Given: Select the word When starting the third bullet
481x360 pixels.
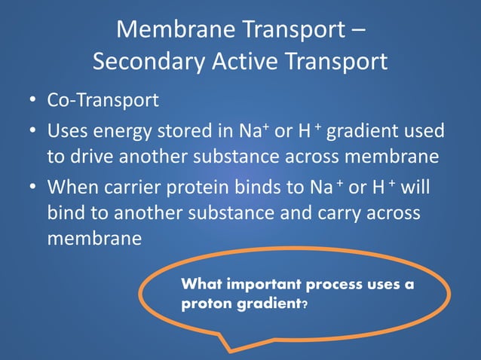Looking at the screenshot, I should pos(72,188).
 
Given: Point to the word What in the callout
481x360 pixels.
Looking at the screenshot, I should pos(201,285).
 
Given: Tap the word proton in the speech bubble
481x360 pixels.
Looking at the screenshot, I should pos(202,306).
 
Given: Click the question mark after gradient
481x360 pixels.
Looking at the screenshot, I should pos(304,307).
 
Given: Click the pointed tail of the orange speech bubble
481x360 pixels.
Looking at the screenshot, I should pos(231,347).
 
